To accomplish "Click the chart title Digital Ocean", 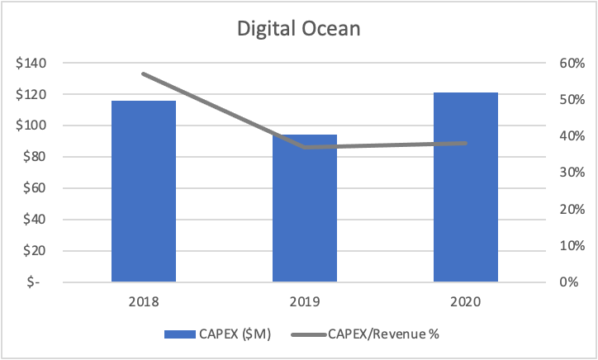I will [x=299, y=28].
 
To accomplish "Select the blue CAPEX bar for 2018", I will [x=143, y=191].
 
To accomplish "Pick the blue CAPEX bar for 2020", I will [x=466, y=187].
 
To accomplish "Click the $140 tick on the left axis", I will [x=31, y=64].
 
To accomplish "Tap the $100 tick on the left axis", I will [x=31, y=126].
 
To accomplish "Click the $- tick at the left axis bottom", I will [x=37, y=282].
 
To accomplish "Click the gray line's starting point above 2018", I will [x=143, y=73].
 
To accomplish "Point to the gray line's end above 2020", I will [x=466, y=143].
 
